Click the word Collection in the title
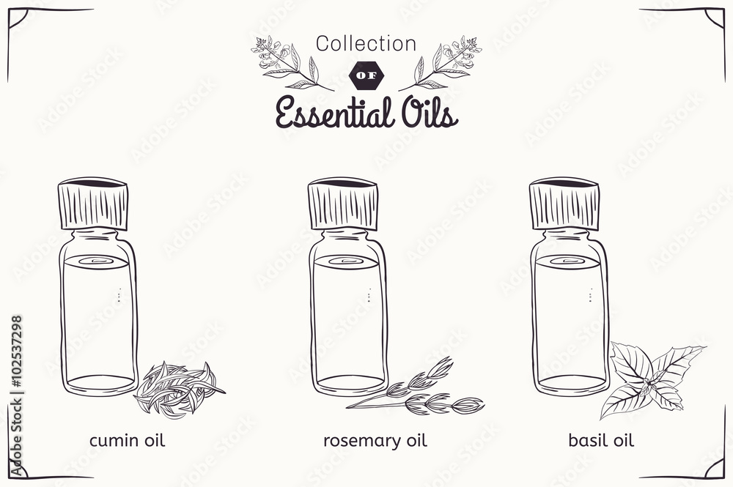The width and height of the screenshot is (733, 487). pyautogui.click(x=366, y=44)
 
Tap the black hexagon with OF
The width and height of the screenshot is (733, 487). pyautogui.click(x=367, y=75)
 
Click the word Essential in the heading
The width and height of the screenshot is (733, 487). pyautogui.click(x=333, y=113)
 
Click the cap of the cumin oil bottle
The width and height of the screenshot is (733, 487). pyautogui.click(x=93, y=204)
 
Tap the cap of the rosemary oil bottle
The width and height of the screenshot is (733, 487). pyautogui.click(x=342, y=204)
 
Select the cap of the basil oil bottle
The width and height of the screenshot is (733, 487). pyautogui.click(x=564, y=204)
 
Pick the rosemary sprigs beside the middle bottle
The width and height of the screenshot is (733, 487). pyautogui.click(x=416, y=386)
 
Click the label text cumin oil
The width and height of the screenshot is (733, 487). pyautogui.click(x=127, y=440)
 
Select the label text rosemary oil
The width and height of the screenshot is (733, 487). pyautogui.click(x=375, y=441)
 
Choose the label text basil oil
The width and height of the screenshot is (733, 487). pyautogui.click(x=601, y=440)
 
